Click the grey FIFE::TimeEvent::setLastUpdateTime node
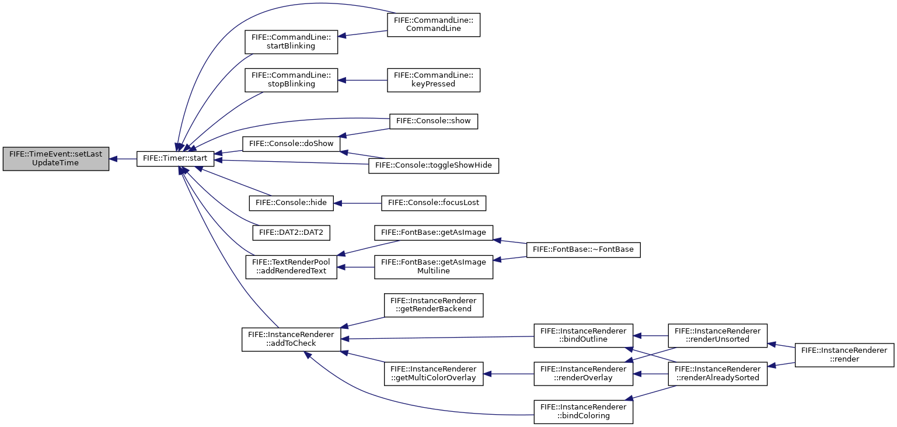click(x=55, y=159)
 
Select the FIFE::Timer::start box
click(x=175, y=159)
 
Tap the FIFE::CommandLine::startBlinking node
click(x=291, y=41)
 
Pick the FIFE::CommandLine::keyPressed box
click(x=433, y=80)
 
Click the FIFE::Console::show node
click(x=433, y=121)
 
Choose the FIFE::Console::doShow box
click(x=291, y=144)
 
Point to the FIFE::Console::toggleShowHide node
click(x=433, y=165)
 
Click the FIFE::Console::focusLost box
click(x=433, y=203)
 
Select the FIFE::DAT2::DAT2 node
click(x=291, y=233)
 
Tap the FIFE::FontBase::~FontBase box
click(x=583, y=250)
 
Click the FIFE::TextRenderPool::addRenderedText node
click(x=291, y=267)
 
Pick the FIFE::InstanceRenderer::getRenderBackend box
click(x=433, y=305)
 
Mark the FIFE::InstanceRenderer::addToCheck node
click(x=291, y=339)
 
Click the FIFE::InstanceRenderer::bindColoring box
click(x=583, y=412)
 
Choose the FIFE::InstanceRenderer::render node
click(x=844, y=355)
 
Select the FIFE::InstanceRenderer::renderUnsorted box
click(x=717, y=336)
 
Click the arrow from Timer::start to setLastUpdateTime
click(x=123, y=159)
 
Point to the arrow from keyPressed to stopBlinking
click(x=362, y=81)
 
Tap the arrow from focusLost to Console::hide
click(x=358, y=203)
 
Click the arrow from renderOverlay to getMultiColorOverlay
click(x=508, y=374)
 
